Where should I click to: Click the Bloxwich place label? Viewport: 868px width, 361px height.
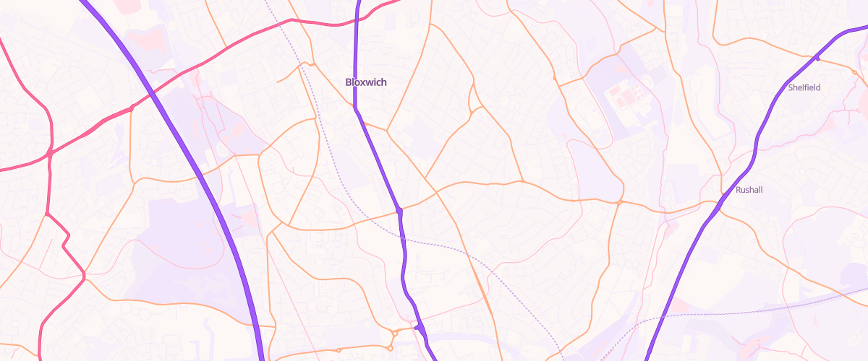coord(366,82)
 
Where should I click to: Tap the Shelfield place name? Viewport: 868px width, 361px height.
coord(804,87)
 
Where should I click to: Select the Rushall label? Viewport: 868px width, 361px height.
coord(749,190)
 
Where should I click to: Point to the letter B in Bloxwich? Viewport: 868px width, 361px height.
coord(349,82)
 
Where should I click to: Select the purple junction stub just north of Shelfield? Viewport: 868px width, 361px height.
coord(817,58)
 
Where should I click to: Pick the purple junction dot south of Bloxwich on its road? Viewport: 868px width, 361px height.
coord(399,210)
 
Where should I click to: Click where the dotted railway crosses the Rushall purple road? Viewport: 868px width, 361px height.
coord(662,317)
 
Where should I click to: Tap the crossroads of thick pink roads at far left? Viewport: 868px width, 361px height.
coord(49,154)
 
